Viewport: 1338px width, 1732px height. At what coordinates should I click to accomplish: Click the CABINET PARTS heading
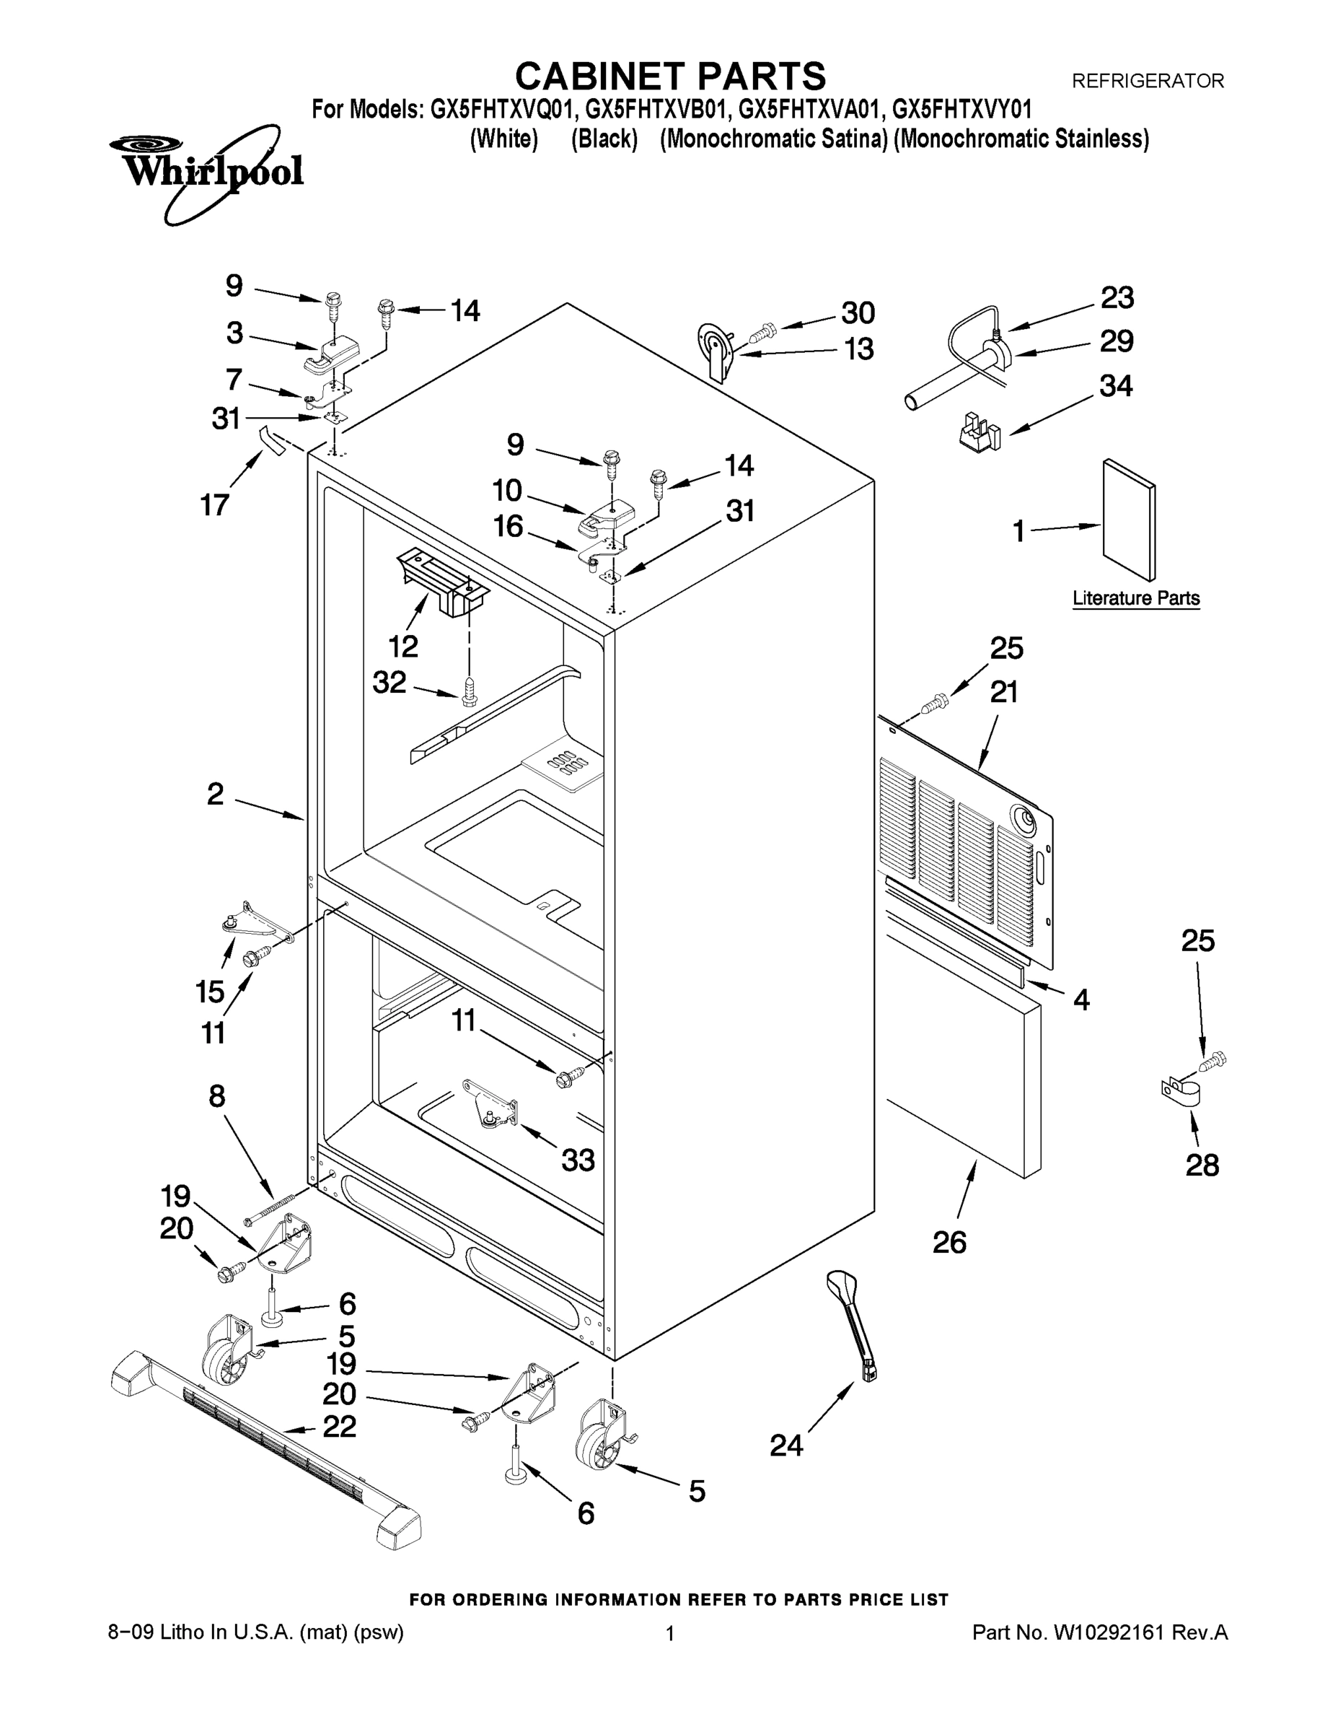click(670, 77)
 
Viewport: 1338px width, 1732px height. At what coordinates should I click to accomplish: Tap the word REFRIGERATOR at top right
click(1147, 81)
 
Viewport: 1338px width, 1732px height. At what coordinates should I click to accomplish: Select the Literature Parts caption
click(1135, 599)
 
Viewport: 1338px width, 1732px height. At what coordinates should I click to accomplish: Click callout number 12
click(403, 647)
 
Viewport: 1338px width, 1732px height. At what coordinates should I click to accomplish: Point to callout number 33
click(578, 1160)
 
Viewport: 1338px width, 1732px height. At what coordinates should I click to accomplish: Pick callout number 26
click(949, 1242)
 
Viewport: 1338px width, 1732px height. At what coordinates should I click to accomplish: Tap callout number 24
click(786, 1445)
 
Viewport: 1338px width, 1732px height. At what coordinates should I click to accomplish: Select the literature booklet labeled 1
click(1129, 520)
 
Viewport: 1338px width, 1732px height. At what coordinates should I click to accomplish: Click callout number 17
click(215, 504)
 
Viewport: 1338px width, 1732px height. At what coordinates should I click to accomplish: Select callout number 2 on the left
click(215, 794)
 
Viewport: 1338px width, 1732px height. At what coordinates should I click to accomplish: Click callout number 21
click(1004, 692)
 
